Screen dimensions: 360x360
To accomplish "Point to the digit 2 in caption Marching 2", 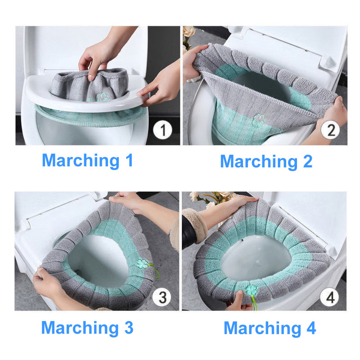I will [x=307, y=162].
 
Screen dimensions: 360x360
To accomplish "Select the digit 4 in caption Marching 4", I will [x=310, y=328].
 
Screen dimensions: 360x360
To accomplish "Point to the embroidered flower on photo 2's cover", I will [x=259, y=119].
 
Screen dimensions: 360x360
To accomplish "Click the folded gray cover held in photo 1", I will [x=90, y=83].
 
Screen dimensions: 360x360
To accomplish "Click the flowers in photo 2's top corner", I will [x=188, y=36].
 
